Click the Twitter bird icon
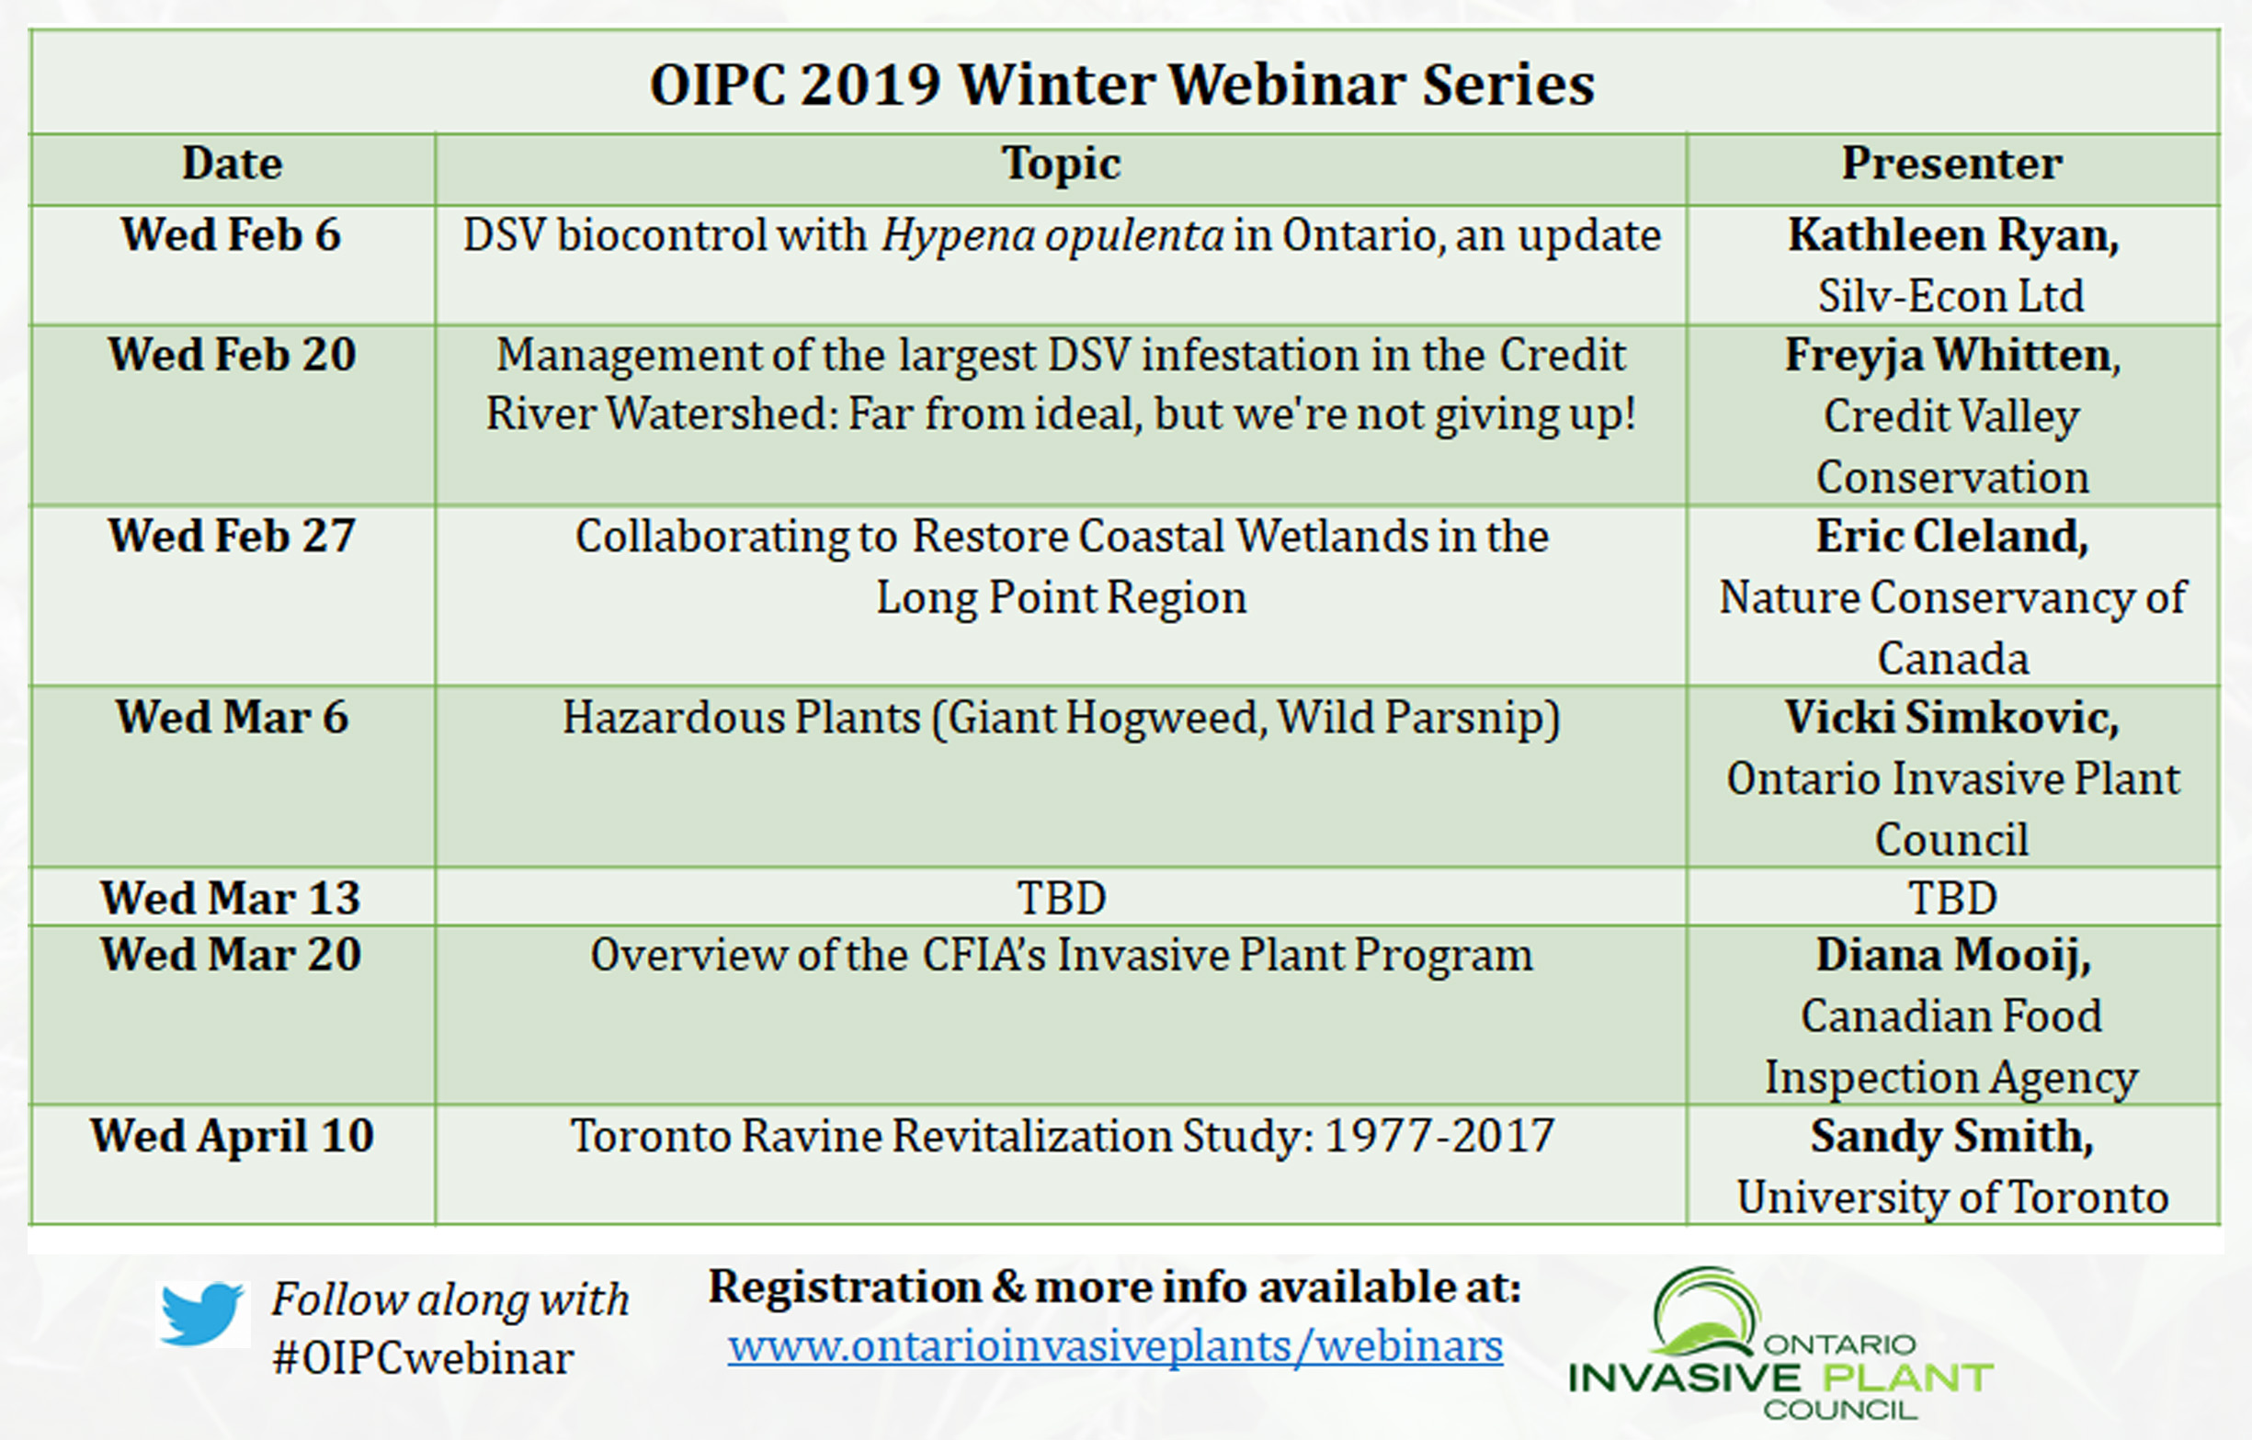click(x=202, y=1313)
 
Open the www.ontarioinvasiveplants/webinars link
click(x=1116, y=1346)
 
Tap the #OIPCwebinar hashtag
click(x=423, y=1358)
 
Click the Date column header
click(x=232, y=164)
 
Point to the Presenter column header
click(x=1951, y=164)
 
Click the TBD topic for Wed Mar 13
click(x=1062, y=899)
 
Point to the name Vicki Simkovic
click(x=1951, y=718)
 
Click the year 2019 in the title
click(x=870, y=85)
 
